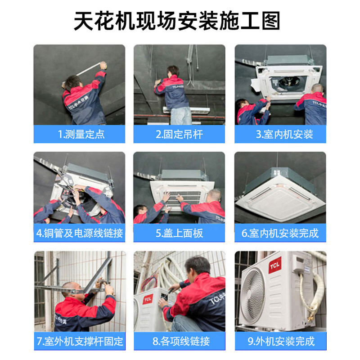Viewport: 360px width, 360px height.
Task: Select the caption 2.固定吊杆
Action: (179, 134)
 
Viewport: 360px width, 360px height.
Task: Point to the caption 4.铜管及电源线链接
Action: (79, 233)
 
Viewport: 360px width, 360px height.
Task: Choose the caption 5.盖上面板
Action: (179, 233)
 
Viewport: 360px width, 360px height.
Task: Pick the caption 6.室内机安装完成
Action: (280, 233)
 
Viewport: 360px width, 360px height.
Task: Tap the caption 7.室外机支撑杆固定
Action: (79, 341)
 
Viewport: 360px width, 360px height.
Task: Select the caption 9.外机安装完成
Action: (281, 341)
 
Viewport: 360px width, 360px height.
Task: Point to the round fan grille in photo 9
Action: (253, 295)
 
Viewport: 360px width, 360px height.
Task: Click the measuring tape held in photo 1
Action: (88, 69)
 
